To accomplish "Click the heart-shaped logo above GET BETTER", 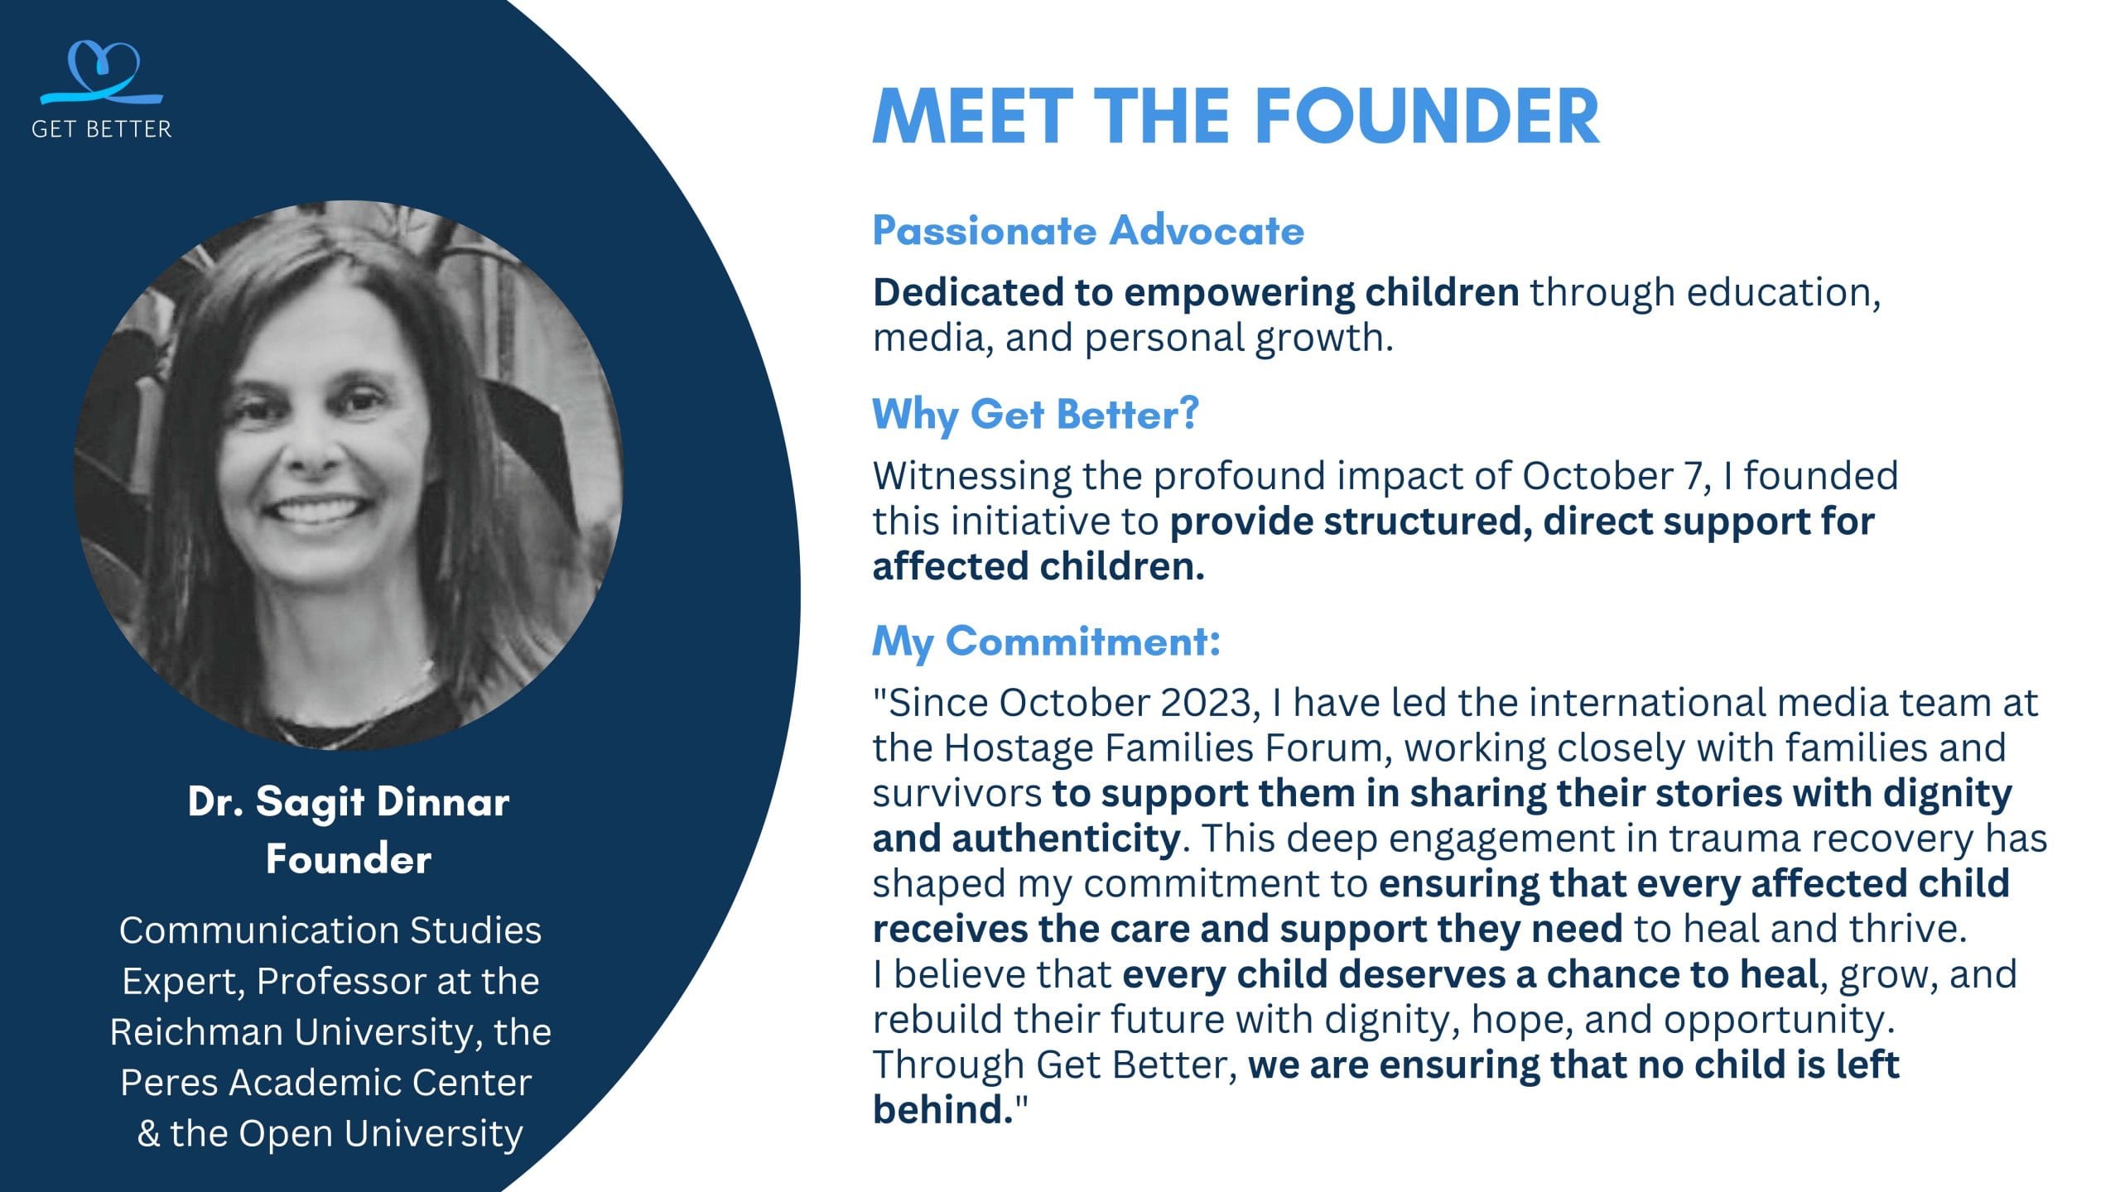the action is tap(102, 73).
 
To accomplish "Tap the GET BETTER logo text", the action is tap(102, 129).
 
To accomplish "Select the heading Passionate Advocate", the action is tap(1088, 230).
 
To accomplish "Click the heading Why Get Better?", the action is tap(1035, 414).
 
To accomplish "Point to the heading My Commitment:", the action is tap(1047, 642).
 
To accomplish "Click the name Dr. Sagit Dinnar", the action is tap(349, 801).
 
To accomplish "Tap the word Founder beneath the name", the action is tap(349, 859).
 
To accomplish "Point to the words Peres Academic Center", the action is tap(326, 1083).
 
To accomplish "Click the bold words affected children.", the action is tap(1038, 567).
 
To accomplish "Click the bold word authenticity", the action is tap(1066, 839).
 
